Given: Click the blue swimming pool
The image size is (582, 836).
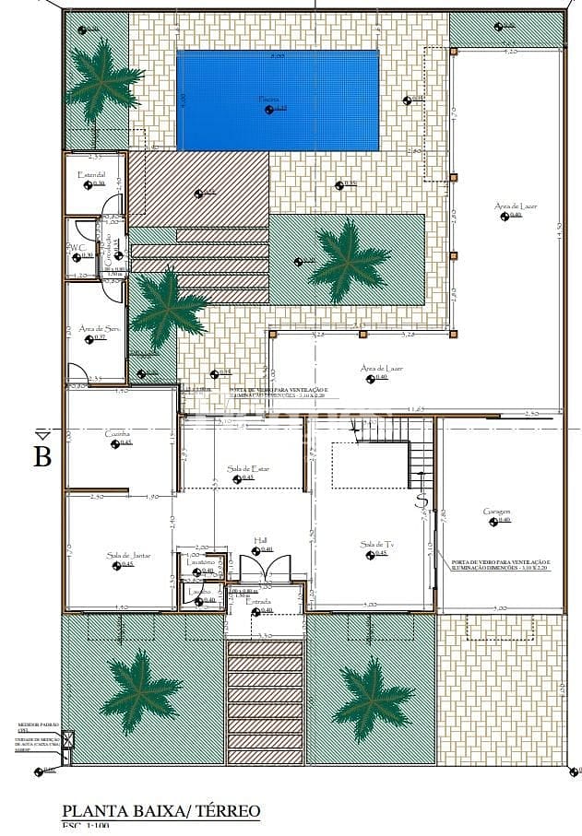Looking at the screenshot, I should tap(278, 100).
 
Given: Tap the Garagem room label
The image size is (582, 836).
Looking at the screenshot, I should tap(496, 512).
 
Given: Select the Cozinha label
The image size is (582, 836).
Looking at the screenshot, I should tap(117, 433).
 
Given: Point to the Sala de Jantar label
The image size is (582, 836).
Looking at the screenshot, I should tap(127, 555).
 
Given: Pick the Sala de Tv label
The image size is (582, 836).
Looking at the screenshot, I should tap(376, 545).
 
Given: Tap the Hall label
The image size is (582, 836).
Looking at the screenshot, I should tap(262, 541).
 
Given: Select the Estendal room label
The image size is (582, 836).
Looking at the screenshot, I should tap(91, 174).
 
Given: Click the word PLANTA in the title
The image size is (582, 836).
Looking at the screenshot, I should tap(96, 811).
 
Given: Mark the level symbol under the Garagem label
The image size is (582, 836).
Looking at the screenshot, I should tap(493, 521).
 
